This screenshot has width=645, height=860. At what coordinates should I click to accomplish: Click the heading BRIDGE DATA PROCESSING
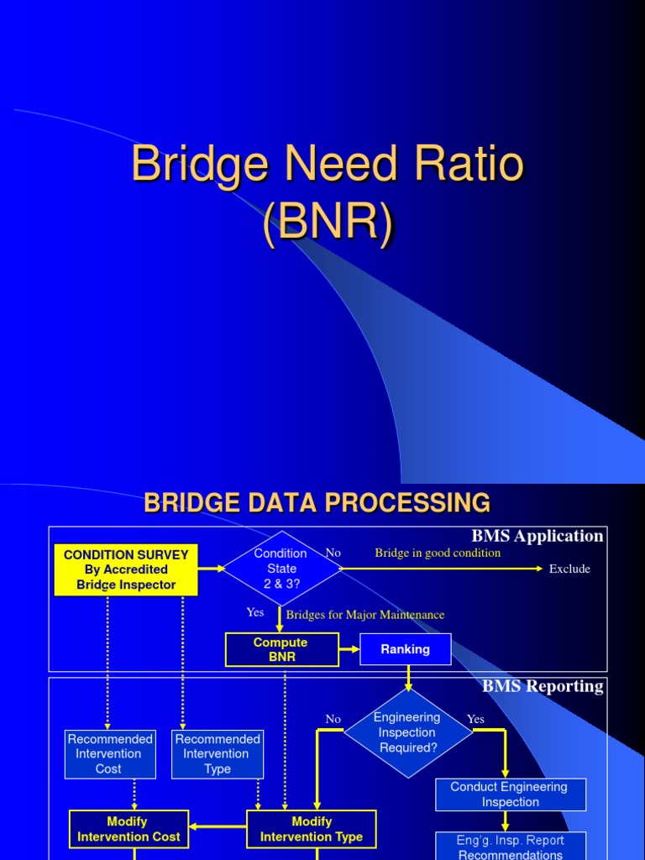(x=317, y=503)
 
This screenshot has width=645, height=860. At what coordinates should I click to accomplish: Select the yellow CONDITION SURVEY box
(x=126, y=570)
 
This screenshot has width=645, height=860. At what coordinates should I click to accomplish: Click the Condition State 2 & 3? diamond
(x=281, y=569)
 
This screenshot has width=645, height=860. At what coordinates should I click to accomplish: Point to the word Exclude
(x=569, y=569)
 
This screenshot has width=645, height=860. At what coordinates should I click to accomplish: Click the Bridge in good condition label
(x=437, y=553)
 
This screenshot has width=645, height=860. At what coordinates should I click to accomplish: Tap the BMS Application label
(x=537, y=536)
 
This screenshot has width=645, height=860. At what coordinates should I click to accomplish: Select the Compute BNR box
(x=281, y=649)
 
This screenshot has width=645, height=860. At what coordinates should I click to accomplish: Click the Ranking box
(x=405, y=649)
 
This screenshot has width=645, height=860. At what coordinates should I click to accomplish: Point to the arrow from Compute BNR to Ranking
(x=349, y=649)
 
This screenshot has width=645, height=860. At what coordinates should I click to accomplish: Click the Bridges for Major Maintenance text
(x=364, y=615)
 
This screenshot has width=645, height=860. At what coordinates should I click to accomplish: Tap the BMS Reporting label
(x=543, y=686)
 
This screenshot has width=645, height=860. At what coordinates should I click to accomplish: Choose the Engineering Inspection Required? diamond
(x=408, y=732)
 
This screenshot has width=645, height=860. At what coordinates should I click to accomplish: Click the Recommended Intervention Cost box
(x=110, y=753)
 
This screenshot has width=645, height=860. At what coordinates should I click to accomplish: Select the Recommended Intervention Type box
(x=218, y=753)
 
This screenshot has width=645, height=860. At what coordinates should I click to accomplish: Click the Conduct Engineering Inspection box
(x=510, y=794)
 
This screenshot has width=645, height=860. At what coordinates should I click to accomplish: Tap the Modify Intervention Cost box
(x=128, y=829)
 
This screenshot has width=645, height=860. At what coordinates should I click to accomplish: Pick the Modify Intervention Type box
(x=311, y=829)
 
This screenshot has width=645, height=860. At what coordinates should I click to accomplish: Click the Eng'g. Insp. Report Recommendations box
(x=510, y=847)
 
